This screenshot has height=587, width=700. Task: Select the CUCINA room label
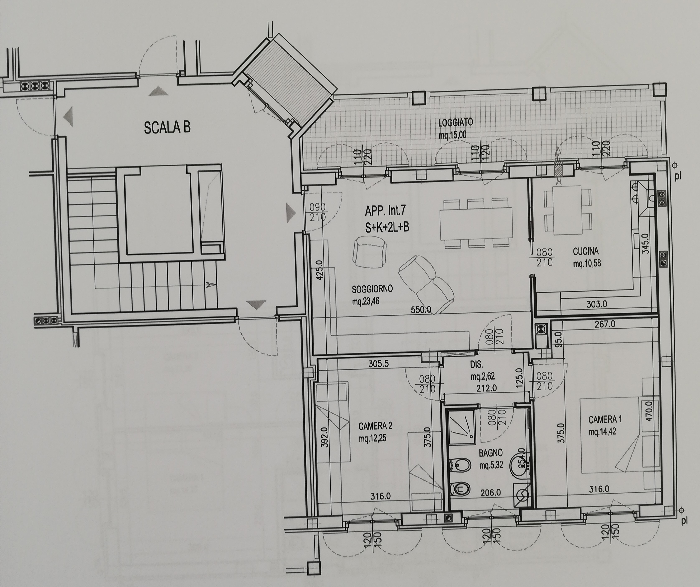point(586,251)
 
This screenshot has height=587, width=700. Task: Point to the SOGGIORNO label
point(372,288)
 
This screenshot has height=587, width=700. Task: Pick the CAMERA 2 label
point(375,426)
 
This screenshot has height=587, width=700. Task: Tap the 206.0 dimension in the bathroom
point(491,492)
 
